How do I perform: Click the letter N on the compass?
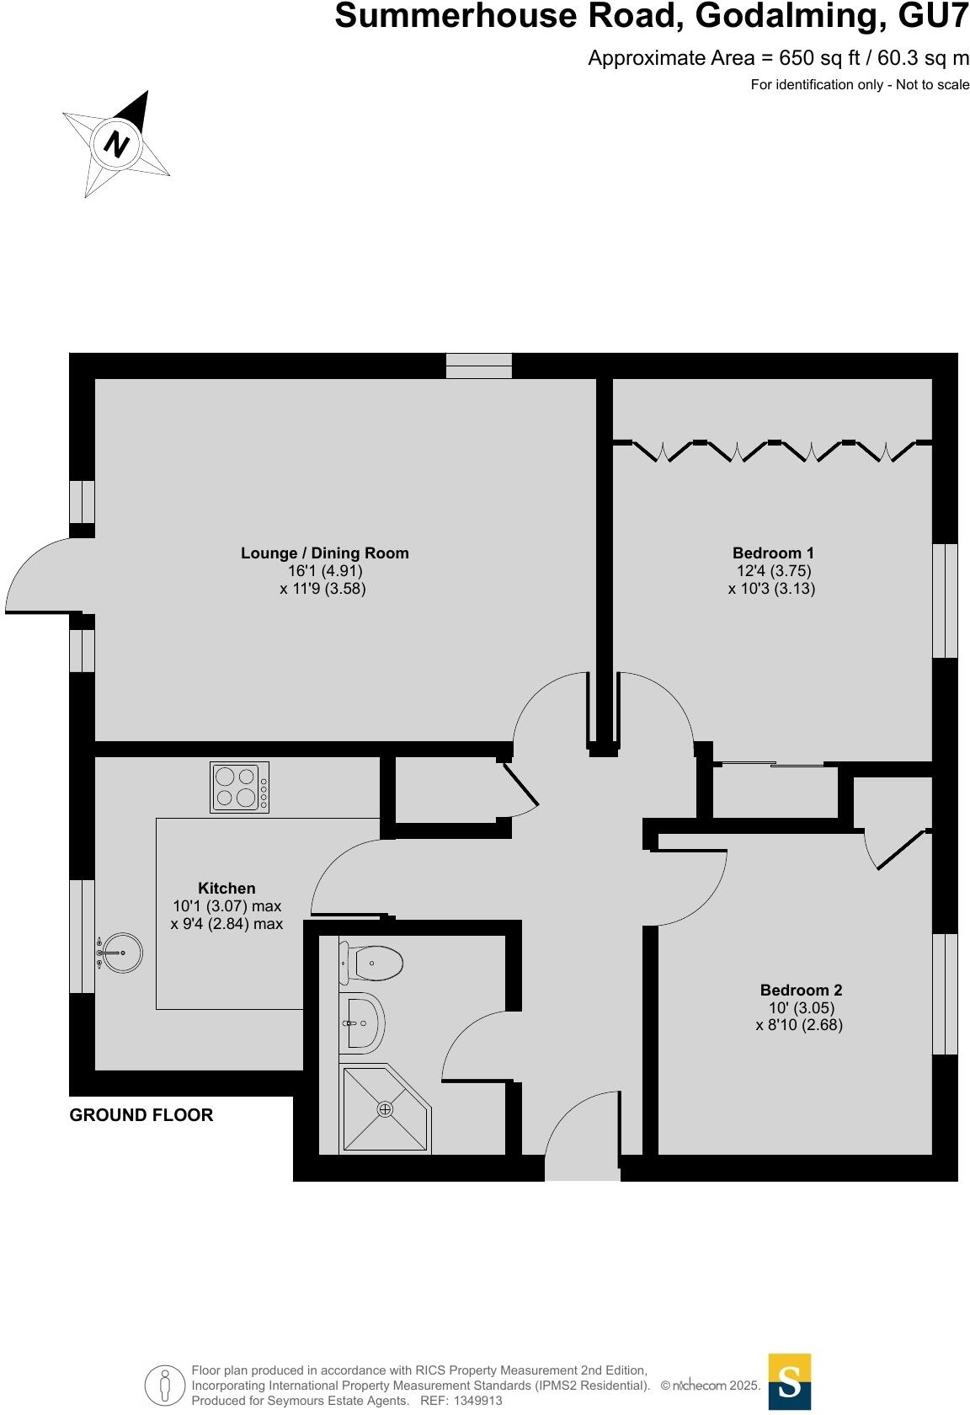coord(116,144)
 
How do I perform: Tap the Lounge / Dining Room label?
coord(324,553)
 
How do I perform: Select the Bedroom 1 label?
coord(772,553)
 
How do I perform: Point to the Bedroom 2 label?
coord(800,990)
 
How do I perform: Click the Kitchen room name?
coord(227,888)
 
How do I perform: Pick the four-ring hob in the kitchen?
coord(240,788)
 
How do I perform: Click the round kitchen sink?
coord(121,953)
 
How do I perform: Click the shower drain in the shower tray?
coord(385,1109)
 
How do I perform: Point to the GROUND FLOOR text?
coord(141,1115)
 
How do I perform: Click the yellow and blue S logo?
coord(789,1381)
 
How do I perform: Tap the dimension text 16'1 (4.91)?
coord(324,570)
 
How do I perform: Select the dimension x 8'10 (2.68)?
coord(799,1025)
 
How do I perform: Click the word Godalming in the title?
coord(788,17)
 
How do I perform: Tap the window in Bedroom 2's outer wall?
coord(945,994)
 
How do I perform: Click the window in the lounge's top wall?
coord(478,366)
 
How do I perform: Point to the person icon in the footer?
coord(164,1386)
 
